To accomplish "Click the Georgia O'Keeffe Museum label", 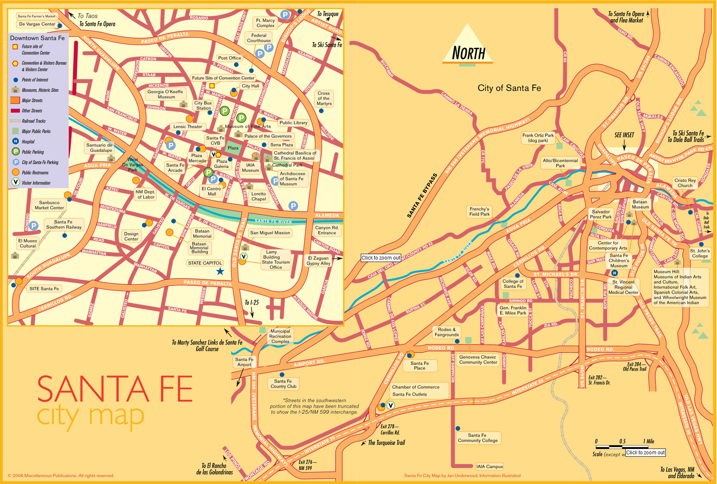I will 166,94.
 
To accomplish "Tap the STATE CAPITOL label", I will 205,263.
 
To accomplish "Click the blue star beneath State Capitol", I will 220,271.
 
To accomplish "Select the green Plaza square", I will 233,148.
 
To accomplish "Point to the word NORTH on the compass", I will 468,53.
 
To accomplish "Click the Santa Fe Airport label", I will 244,362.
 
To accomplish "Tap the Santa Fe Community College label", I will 478,438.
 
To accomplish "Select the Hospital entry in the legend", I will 28,142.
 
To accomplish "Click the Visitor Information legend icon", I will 15,182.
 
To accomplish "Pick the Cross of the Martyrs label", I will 324,98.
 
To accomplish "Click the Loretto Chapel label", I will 259,196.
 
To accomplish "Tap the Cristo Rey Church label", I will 685,183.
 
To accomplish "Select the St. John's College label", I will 700,253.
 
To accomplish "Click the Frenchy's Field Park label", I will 479,212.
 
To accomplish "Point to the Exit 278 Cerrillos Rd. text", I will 390,430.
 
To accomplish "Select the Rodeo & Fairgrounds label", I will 447,332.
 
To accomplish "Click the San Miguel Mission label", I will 270,233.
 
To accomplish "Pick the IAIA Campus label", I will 489,467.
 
